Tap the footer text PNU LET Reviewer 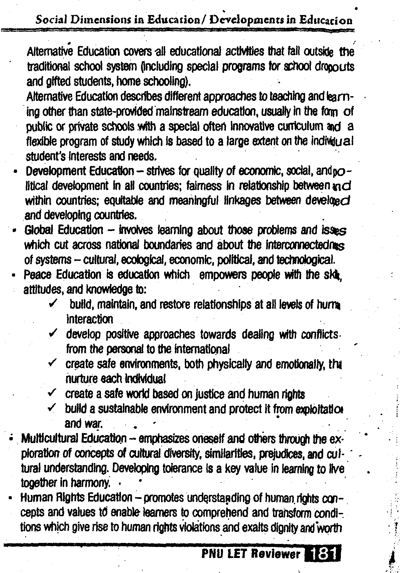[x=251, y=554]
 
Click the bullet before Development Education [x=15, y=173]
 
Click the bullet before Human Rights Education [x=11, y=499]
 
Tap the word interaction [x=90, y=320]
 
